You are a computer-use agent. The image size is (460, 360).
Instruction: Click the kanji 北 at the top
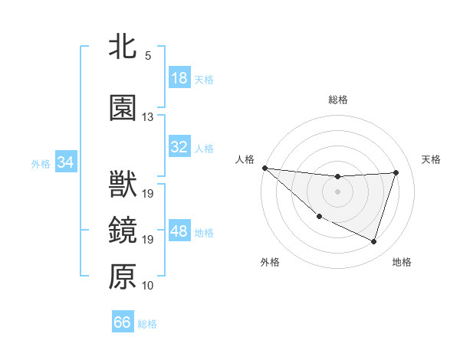[x=123, y=45]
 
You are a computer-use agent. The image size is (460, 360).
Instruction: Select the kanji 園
[x=123, y=108]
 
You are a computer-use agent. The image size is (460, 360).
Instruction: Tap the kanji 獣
[x=123, y=186]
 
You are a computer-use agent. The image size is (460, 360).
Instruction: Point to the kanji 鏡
[x=123, y=231]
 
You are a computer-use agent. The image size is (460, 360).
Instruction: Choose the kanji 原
[x=123, y=277]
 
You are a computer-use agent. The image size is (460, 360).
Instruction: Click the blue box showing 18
[x=179, y=78]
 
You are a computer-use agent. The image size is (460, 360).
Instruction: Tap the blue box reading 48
[x=179, y=232]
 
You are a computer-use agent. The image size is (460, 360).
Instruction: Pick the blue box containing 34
[x=66, y=162]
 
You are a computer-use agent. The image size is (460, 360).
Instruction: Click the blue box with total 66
[x=123, y=322]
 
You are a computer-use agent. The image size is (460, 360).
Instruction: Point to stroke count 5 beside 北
[x=148, y=56]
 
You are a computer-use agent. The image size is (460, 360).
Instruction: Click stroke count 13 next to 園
[x=148, y=117]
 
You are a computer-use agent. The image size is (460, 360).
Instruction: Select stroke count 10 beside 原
[x=148, y=286]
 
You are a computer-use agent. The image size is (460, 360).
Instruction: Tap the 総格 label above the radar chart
[x=338, y=100]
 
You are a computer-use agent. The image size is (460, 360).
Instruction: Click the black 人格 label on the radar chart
[x=245, y=159]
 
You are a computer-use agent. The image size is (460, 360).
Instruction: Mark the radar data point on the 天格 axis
[x=396, y=172]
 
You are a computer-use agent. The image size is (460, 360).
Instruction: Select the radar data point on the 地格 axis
[x=374, y=242]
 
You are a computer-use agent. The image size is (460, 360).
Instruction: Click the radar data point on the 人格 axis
[x=264, y=168]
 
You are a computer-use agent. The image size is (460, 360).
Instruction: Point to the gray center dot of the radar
[x=338, y=191]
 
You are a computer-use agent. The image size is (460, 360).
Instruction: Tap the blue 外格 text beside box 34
[x=41, y=163]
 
